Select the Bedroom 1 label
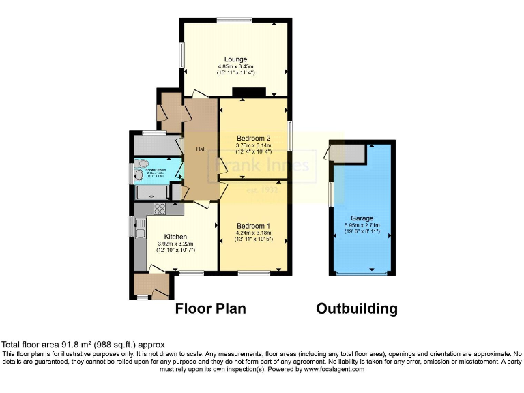point(253,226)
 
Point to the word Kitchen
point(175,237)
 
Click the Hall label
point(201,149)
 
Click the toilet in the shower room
point(143,164)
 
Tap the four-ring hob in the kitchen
point(160,209)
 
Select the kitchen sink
point(140,234)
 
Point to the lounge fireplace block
point(248,92)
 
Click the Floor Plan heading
point(211,308)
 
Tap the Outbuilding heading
point(356,308)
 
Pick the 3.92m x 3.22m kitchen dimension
point(176,244)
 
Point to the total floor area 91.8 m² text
point(84,345)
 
